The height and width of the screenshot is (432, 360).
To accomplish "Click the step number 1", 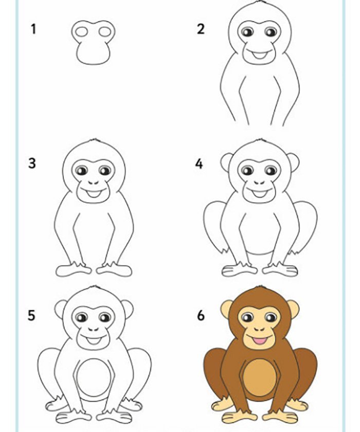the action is coord(33,29).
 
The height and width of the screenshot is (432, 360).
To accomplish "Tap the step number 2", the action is coord(201,29).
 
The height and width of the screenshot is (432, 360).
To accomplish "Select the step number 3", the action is coord(32,164).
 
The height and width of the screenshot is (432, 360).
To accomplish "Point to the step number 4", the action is coord(199,164).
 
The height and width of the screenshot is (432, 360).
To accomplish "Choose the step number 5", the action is coord(32,315).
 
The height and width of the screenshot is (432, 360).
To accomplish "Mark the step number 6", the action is coord(201,315).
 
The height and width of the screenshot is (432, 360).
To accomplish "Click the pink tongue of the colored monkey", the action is coord(260,341).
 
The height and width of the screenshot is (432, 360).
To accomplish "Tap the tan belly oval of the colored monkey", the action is coord(260,376).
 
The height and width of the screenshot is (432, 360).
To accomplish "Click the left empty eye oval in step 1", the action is coord(82,32).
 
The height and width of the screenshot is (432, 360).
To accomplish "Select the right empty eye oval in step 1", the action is coord(105,32).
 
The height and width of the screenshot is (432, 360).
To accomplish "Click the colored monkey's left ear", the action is coord(226,309).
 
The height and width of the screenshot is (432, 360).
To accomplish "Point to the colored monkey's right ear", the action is coord(293,309).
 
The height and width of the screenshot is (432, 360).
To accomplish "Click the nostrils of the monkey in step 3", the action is coord(94,183).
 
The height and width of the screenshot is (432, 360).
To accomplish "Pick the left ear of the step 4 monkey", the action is coord(226,163).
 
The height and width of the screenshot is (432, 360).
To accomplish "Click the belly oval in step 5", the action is coord(94,376).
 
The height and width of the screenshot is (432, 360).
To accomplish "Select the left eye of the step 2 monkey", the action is coord(247,32).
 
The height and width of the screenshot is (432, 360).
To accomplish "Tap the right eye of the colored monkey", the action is coord(271,317).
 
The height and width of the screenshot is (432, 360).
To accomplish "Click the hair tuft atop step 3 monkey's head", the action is coord(95,140).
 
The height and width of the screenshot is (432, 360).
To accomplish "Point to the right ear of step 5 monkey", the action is coord(128,309).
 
